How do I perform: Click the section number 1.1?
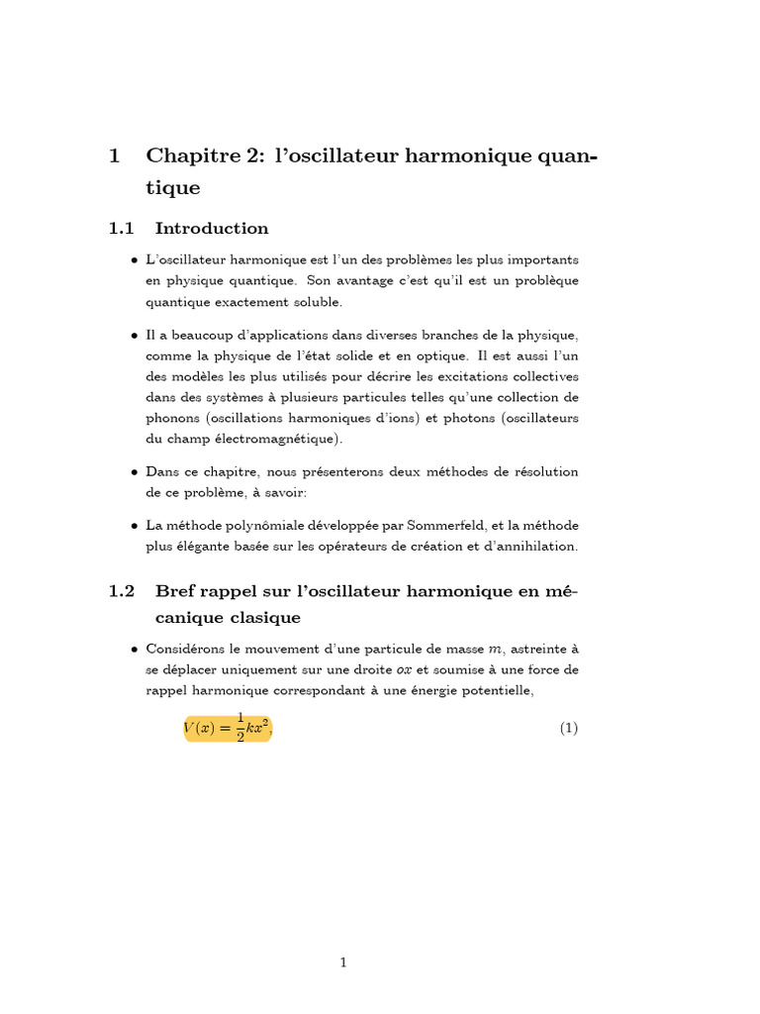click(121, 229)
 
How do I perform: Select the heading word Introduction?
click(212, 229)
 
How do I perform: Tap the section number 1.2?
click(121, 591)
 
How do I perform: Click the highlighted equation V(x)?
click(227, 728)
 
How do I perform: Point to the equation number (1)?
click(568, 728)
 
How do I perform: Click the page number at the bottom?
click(343, 962)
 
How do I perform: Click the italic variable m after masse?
click(495, 650)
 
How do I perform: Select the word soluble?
click(311, 302)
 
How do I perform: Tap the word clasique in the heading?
click(265, 617)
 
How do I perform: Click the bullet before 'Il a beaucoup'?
click(134, 337)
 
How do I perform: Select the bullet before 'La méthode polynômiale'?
click(134, 526)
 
